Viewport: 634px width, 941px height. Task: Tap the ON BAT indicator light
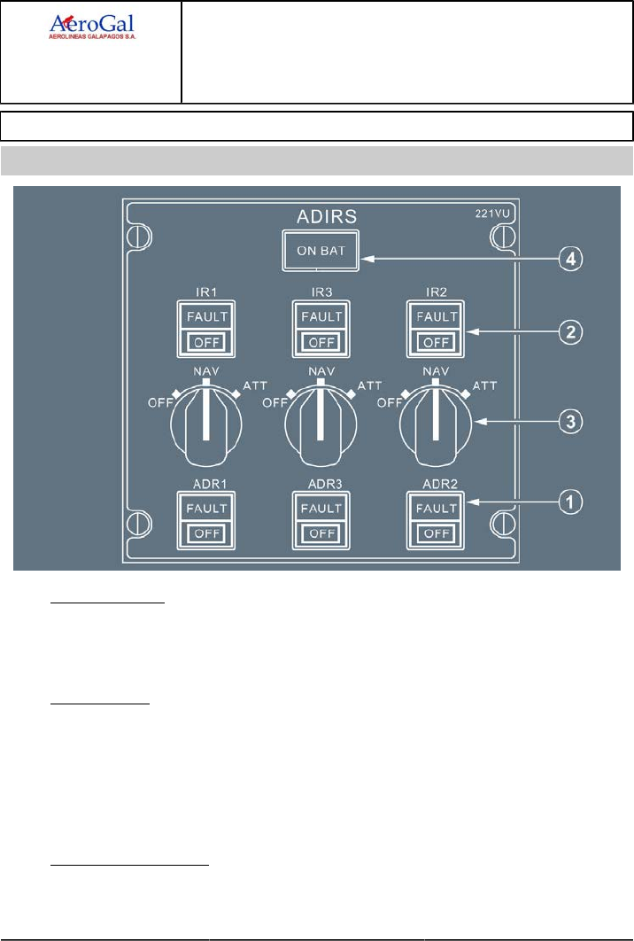point(321,251)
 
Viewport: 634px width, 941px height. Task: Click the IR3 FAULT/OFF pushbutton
point(320,328)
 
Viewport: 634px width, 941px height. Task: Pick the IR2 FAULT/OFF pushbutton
point(434,328)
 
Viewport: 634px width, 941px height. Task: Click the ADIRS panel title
point(321,216)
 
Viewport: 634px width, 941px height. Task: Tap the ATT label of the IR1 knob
point(255,386)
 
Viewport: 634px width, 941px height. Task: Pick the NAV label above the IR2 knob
point(434,371)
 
